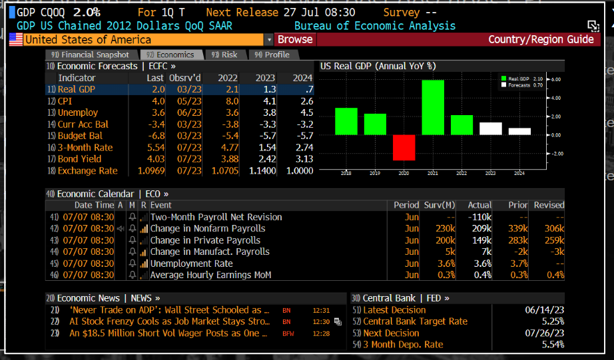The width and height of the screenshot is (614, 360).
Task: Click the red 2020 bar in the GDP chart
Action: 404,147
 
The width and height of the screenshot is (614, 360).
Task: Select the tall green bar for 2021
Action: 433,107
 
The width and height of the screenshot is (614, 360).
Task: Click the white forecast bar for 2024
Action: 519,131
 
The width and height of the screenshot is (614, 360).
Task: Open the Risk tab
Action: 225,55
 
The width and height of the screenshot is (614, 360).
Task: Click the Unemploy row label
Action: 77,112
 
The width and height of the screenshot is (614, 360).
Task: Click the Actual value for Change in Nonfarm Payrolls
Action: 479,228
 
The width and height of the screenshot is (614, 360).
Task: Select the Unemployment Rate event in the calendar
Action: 191,264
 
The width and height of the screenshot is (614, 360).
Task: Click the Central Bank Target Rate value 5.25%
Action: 549,321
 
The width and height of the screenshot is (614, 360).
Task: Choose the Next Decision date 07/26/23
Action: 544,333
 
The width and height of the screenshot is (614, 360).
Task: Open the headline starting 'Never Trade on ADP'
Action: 169,310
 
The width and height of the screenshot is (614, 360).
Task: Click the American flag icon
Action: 16,39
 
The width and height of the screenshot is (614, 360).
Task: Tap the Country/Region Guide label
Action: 540,39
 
